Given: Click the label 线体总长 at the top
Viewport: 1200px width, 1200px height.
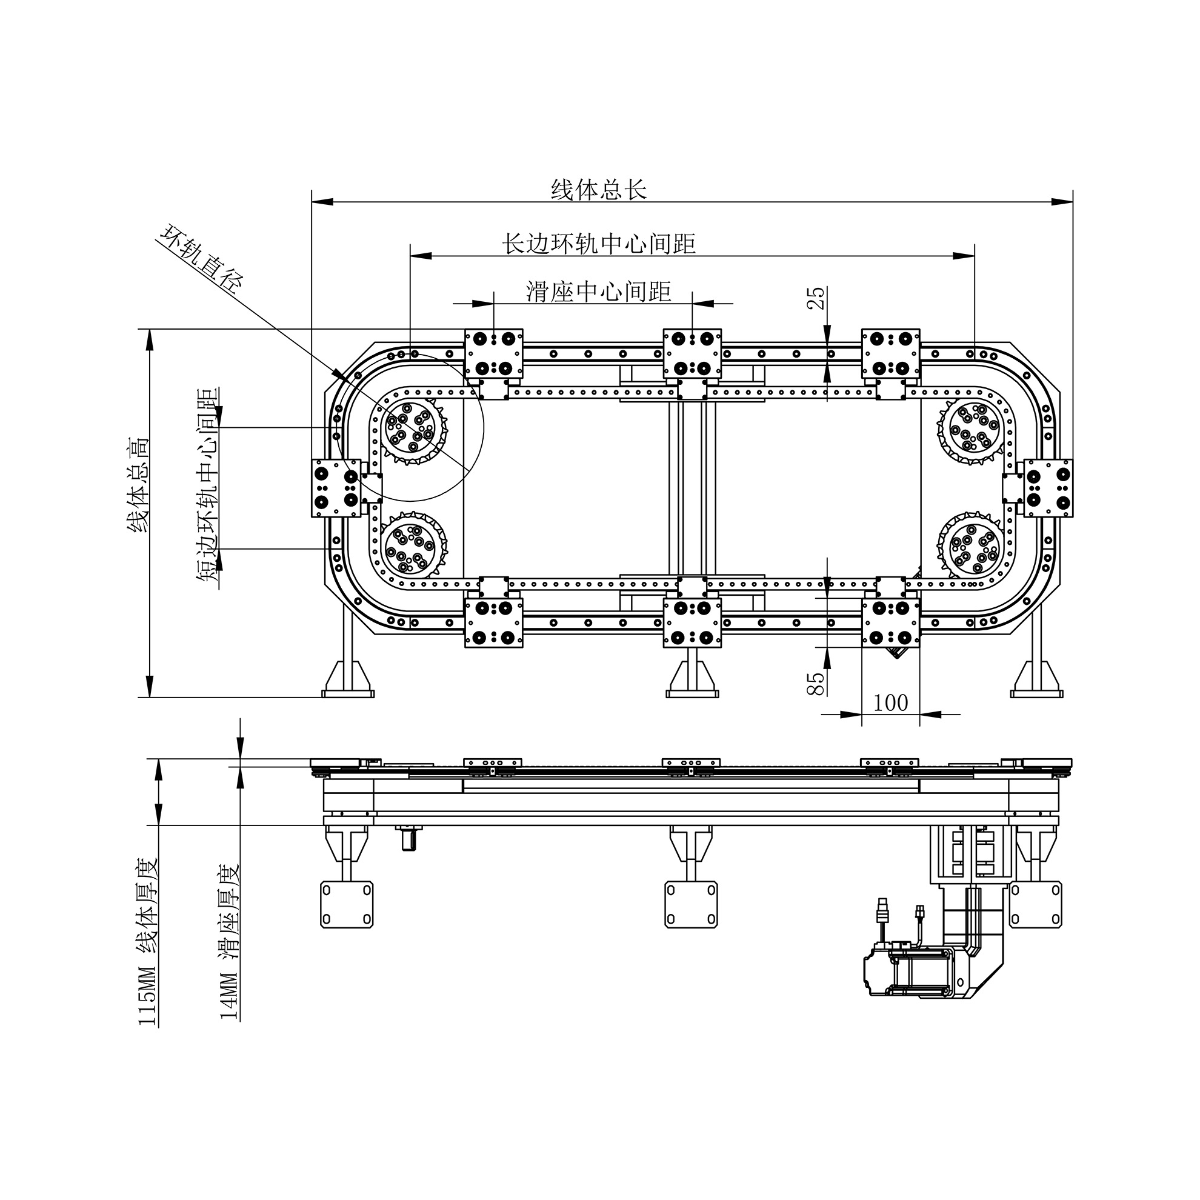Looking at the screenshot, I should (x=599, y=190).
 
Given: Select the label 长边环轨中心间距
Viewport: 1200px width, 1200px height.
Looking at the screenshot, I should (x=598, y=244).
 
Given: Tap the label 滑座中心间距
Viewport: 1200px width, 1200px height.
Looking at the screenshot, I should (x=599, y=291).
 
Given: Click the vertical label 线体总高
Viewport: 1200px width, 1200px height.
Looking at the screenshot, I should (x=138, y=485).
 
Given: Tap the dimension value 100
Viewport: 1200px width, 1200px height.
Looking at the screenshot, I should (x=890, y=702).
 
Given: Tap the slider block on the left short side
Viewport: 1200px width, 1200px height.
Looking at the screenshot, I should (x=336, y=488).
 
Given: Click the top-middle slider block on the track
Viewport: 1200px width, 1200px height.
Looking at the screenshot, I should (x=692, y=353).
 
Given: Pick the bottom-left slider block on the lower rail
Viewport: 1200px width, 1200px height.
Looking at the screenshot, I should (x=494, y=622).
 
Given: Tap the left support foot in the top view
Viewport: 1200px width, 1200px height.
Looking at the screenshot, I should (x=348, y=679).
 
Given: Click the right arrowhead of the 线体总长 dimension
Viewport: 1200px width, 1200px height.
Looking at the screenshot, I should (x=1064, y=201).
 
